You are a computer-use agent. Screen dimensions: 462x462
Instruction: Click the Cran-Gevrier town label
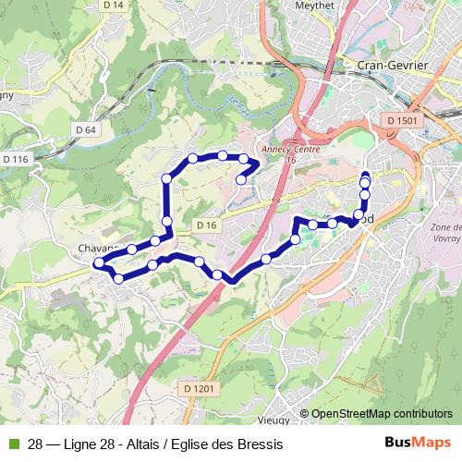(x=389, y=65)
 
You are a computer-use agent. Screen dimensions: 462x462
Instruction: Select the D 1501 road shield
(x=403, y=121)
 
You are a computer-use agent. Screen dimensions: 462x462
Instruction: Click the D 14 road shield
(x=113, y=6)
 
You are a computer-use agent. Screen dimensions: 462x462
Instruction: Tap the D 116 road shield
(x=16, y=160)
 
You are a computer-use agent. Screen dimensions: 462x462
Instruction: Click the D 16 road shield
(x=205, y=225)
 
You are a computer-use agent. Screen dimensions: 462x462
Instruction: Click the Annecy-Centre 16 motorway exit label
(x=289, y=155)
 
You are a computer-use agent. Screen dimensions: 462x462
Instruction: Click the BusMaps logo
(x=412, y=444)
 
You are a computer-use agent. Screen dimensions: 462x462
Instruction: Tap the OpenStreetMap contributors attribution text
(x=382, y=414)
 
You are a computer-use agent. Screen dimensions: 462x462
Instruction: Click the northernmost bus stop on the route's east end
(x=365, y=175)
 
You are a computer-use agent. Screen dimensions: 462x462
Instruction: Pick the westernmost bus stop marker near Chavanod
(x=98, y=264)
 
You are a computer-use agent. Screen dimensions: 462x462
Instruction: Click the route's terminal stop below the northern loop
(x=240, y=179)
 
